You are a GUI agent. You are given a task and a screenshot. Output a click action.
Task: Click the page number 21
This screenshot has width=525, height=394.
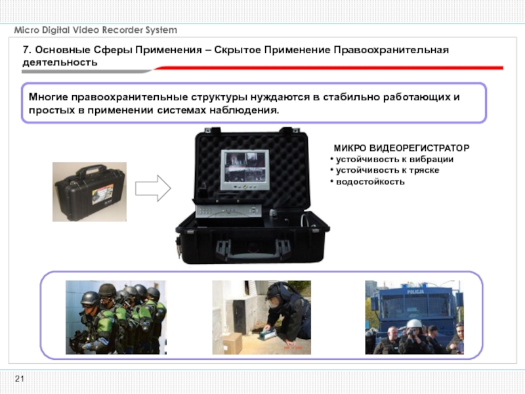coord(20,379)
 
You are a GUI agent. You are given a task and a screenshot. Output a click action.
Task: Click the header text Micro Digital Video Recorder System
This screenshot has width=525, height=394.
coord(95,30)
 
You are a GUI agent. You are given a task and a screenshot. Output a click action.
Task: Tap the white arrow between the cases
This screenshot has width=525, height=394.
coord(153,188)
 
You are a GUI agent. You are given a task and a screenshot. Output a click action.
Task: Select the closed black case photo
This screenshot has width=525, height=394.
coord(90,192)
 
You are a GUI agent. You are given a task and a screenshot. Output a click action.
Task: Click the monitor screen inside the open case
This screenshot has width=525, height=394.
coord(245,167)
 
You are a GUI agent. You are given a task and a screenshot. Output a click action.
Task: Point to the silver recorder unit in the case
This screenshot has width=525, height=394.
coord(228,211)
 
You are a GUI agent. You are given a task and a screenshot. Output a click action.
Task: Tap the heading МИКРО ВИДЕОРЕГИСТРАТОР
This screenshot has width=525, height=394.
coord(402,148)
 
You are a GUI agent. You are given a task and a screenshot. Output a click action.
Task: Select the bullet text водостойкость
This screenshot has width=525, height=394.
coord(370,182)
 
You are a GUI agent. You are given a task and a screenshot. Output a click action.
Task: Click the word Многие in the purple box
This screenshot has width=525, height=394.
coord(48,97)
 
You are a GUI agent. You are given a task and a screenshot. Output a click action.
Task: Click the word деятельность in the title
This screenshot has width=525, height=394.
coord(60,62)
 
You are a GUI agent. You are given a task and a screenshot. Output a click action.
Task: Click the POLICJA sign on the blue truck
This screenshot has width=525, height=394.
coord(415,292)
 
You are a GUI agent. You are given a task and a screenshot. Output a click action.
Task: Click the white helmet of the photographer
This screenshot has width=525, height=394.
coord(414,324)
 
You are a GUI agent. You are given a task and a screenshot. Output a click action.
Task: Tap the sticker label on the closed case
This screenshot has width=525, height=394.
coord(103,194)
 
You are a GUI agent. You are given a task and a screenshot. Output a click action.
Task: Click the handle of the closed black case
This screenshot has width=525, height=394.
coord(89,169)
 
